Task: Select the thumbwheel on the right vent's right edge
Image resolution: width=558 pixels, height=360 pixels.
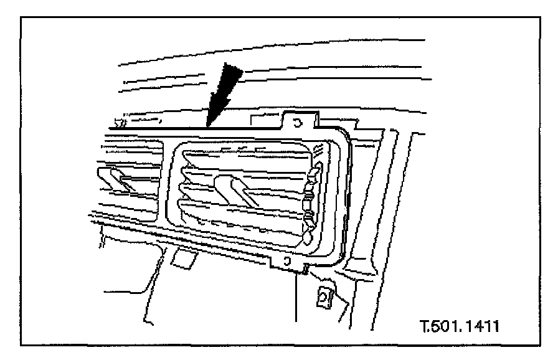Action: pos(312,199)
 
